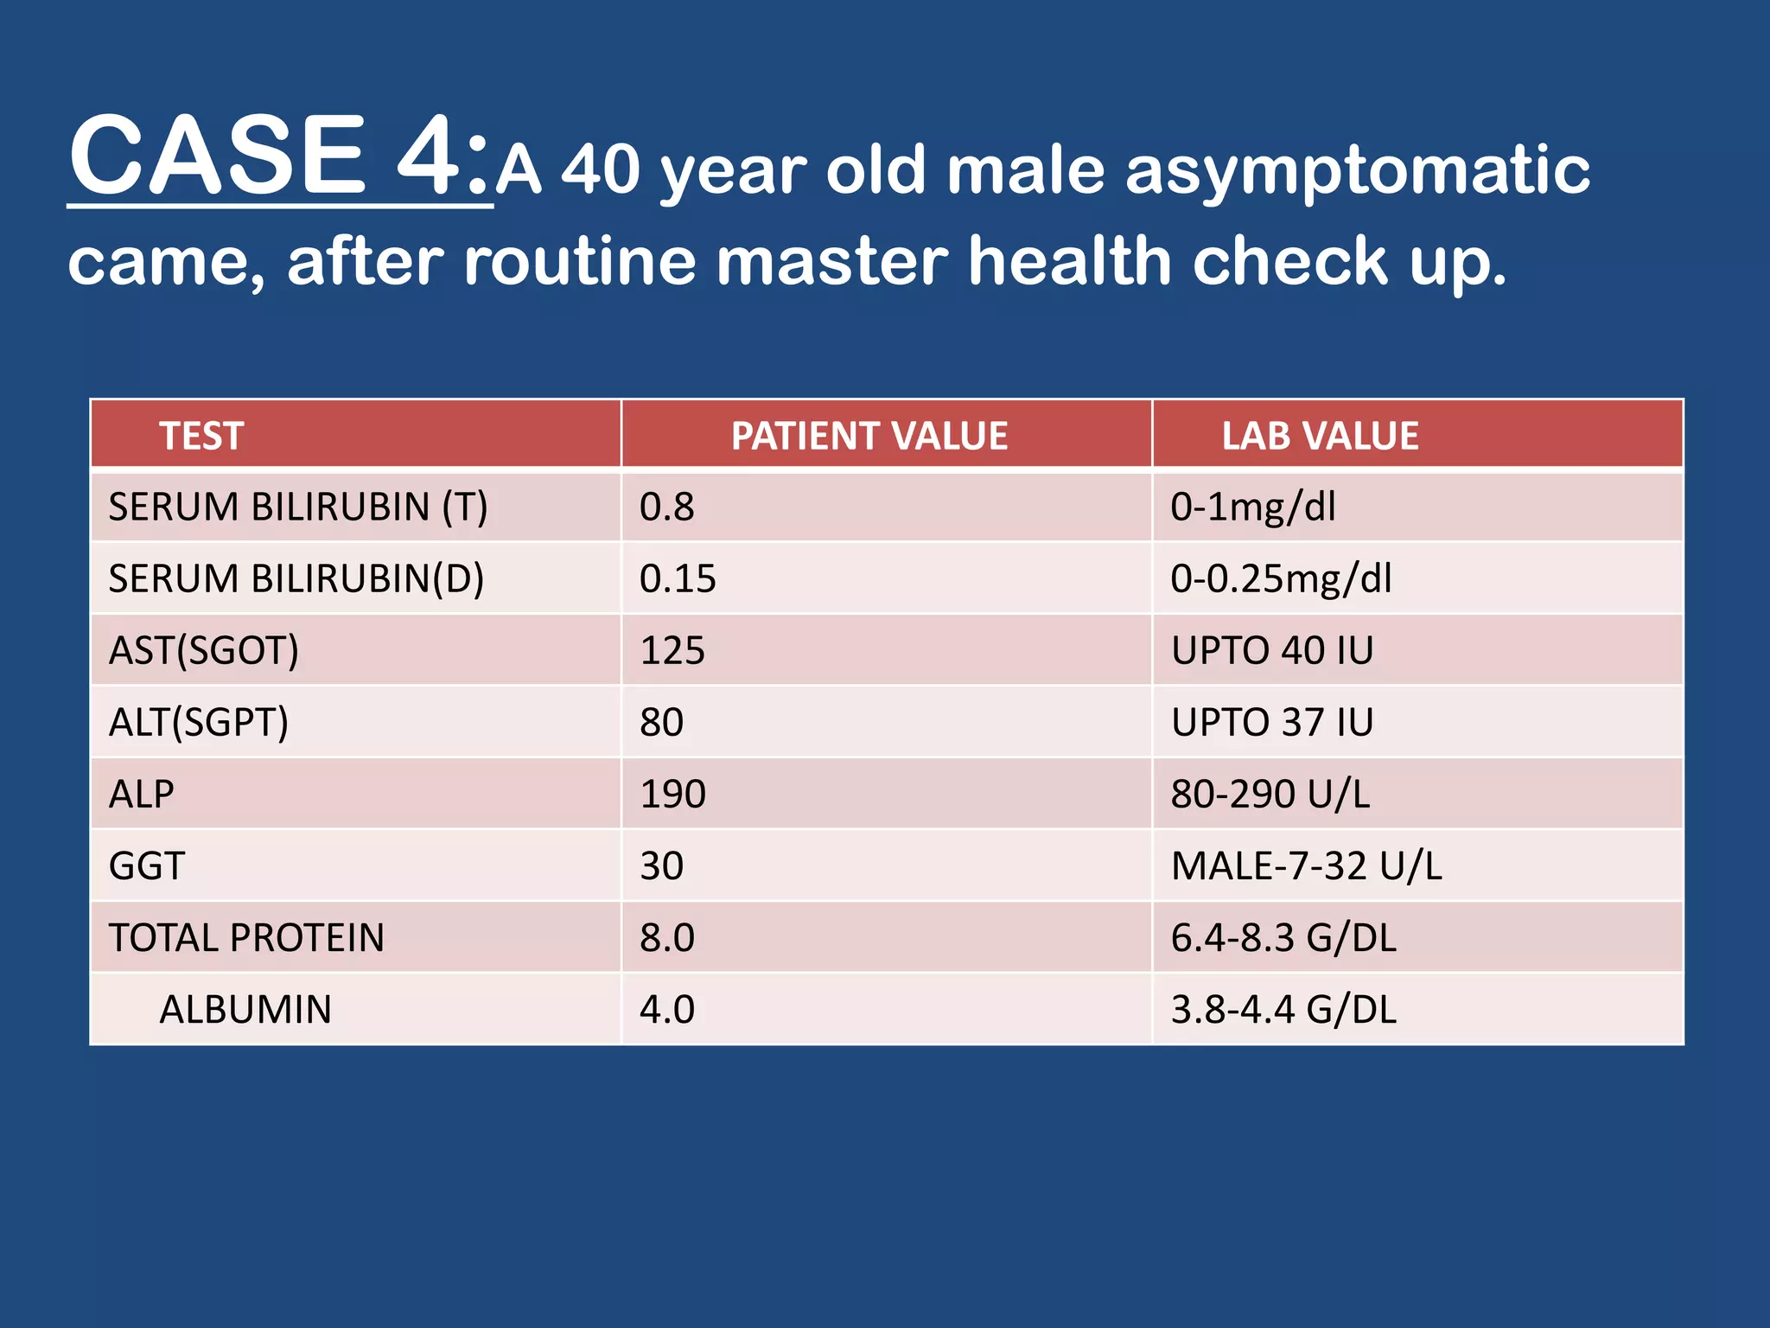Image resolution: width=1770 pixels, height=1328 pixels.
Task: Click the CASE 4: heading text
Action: click(279, 156)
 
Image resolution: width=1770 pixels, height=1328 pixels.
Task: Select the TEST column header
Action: click(201, 436)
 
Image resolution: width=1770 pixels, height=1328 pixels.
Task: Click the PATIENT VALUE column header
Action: click(869, 436)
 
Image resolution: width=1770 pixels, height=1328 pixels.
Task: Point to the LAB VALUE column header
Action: click(1320, 436)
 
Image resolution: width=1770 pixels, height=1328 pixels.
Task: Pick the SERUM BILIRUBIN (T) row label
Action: click(298, 507)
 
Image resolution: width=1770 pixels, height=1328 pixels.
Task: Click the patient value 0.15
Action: click(678, 578)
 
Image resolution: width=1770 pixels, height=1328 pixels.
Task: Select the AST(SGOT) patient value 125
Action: click(672, 650)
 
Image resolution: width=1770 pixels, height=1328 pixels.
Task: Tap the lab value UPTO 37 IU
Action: click(1272, 722)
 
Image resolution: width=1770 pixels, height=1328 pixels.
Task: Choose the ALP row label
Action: click(142, 794)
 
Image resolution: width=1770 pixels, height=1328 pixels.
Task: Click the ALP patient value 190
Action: click(672, 794)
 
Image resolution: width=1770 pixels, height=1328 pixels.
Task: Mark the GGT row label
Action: click(147, 865)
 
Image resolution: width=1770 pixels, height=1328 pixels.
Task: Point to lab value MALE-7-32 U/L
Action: click(1307, 865)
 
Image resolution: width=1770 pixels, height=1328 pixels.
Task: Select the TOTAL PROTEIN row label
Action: click(246, 938)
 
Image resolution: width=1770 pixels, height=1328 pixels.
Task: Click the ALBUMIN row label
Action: click(245, 1010)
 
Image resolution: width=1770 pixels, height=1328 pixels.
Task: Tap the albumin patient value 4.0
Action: click(667, 1010)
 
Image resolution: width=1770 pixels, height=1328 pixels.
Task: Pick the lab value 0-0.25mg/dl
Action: click(1281, 578)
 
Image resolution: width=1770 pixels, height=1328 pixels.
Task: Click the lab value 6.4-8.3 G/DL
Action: click(1283, 938)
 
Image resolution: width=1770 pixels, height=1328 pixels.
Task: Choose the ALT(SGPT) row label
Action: click(199, 722)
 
